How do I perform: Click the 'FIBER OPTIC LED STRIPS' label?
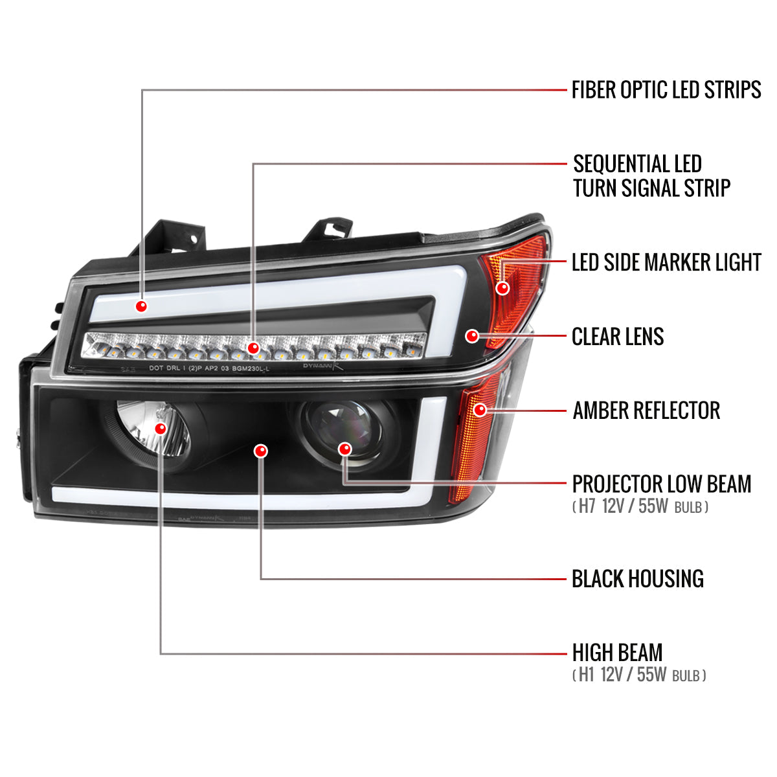tap(666, 89)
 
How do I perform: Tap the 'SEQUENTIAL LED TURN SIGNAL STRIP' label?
tap(651, 176)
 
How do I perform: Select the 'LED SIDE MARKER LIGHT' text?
tap(666, 262)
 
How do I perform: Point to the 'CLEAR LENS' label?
tap(618, 336)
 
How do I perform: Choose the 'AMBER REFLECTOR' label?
tap(646, 411)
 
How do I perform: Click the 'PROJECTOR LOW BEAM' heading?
tap(662, 484)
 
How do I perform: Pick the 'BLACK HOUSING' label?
tap(638, 579)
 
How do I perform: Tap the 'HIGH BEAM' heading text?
tap(617, 664)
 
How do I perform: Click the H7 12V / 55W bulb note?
tap(640, 506)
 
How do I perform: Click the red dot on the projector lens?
tap(344, 449)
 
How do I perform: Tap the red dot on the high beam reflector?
tap(161, 428)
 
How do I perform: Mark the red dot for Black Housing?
tap(261, 451)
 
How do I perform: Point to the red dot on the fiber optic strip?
tap(141, 306)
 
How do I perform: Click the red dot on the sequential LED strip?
tap(253, 348)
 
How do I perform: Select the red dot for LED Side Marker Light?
tap(502, 288)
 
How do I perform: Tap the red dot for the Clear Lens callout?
tap(472, 336)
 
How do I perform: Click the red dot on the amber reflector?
tap(480, 410)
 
